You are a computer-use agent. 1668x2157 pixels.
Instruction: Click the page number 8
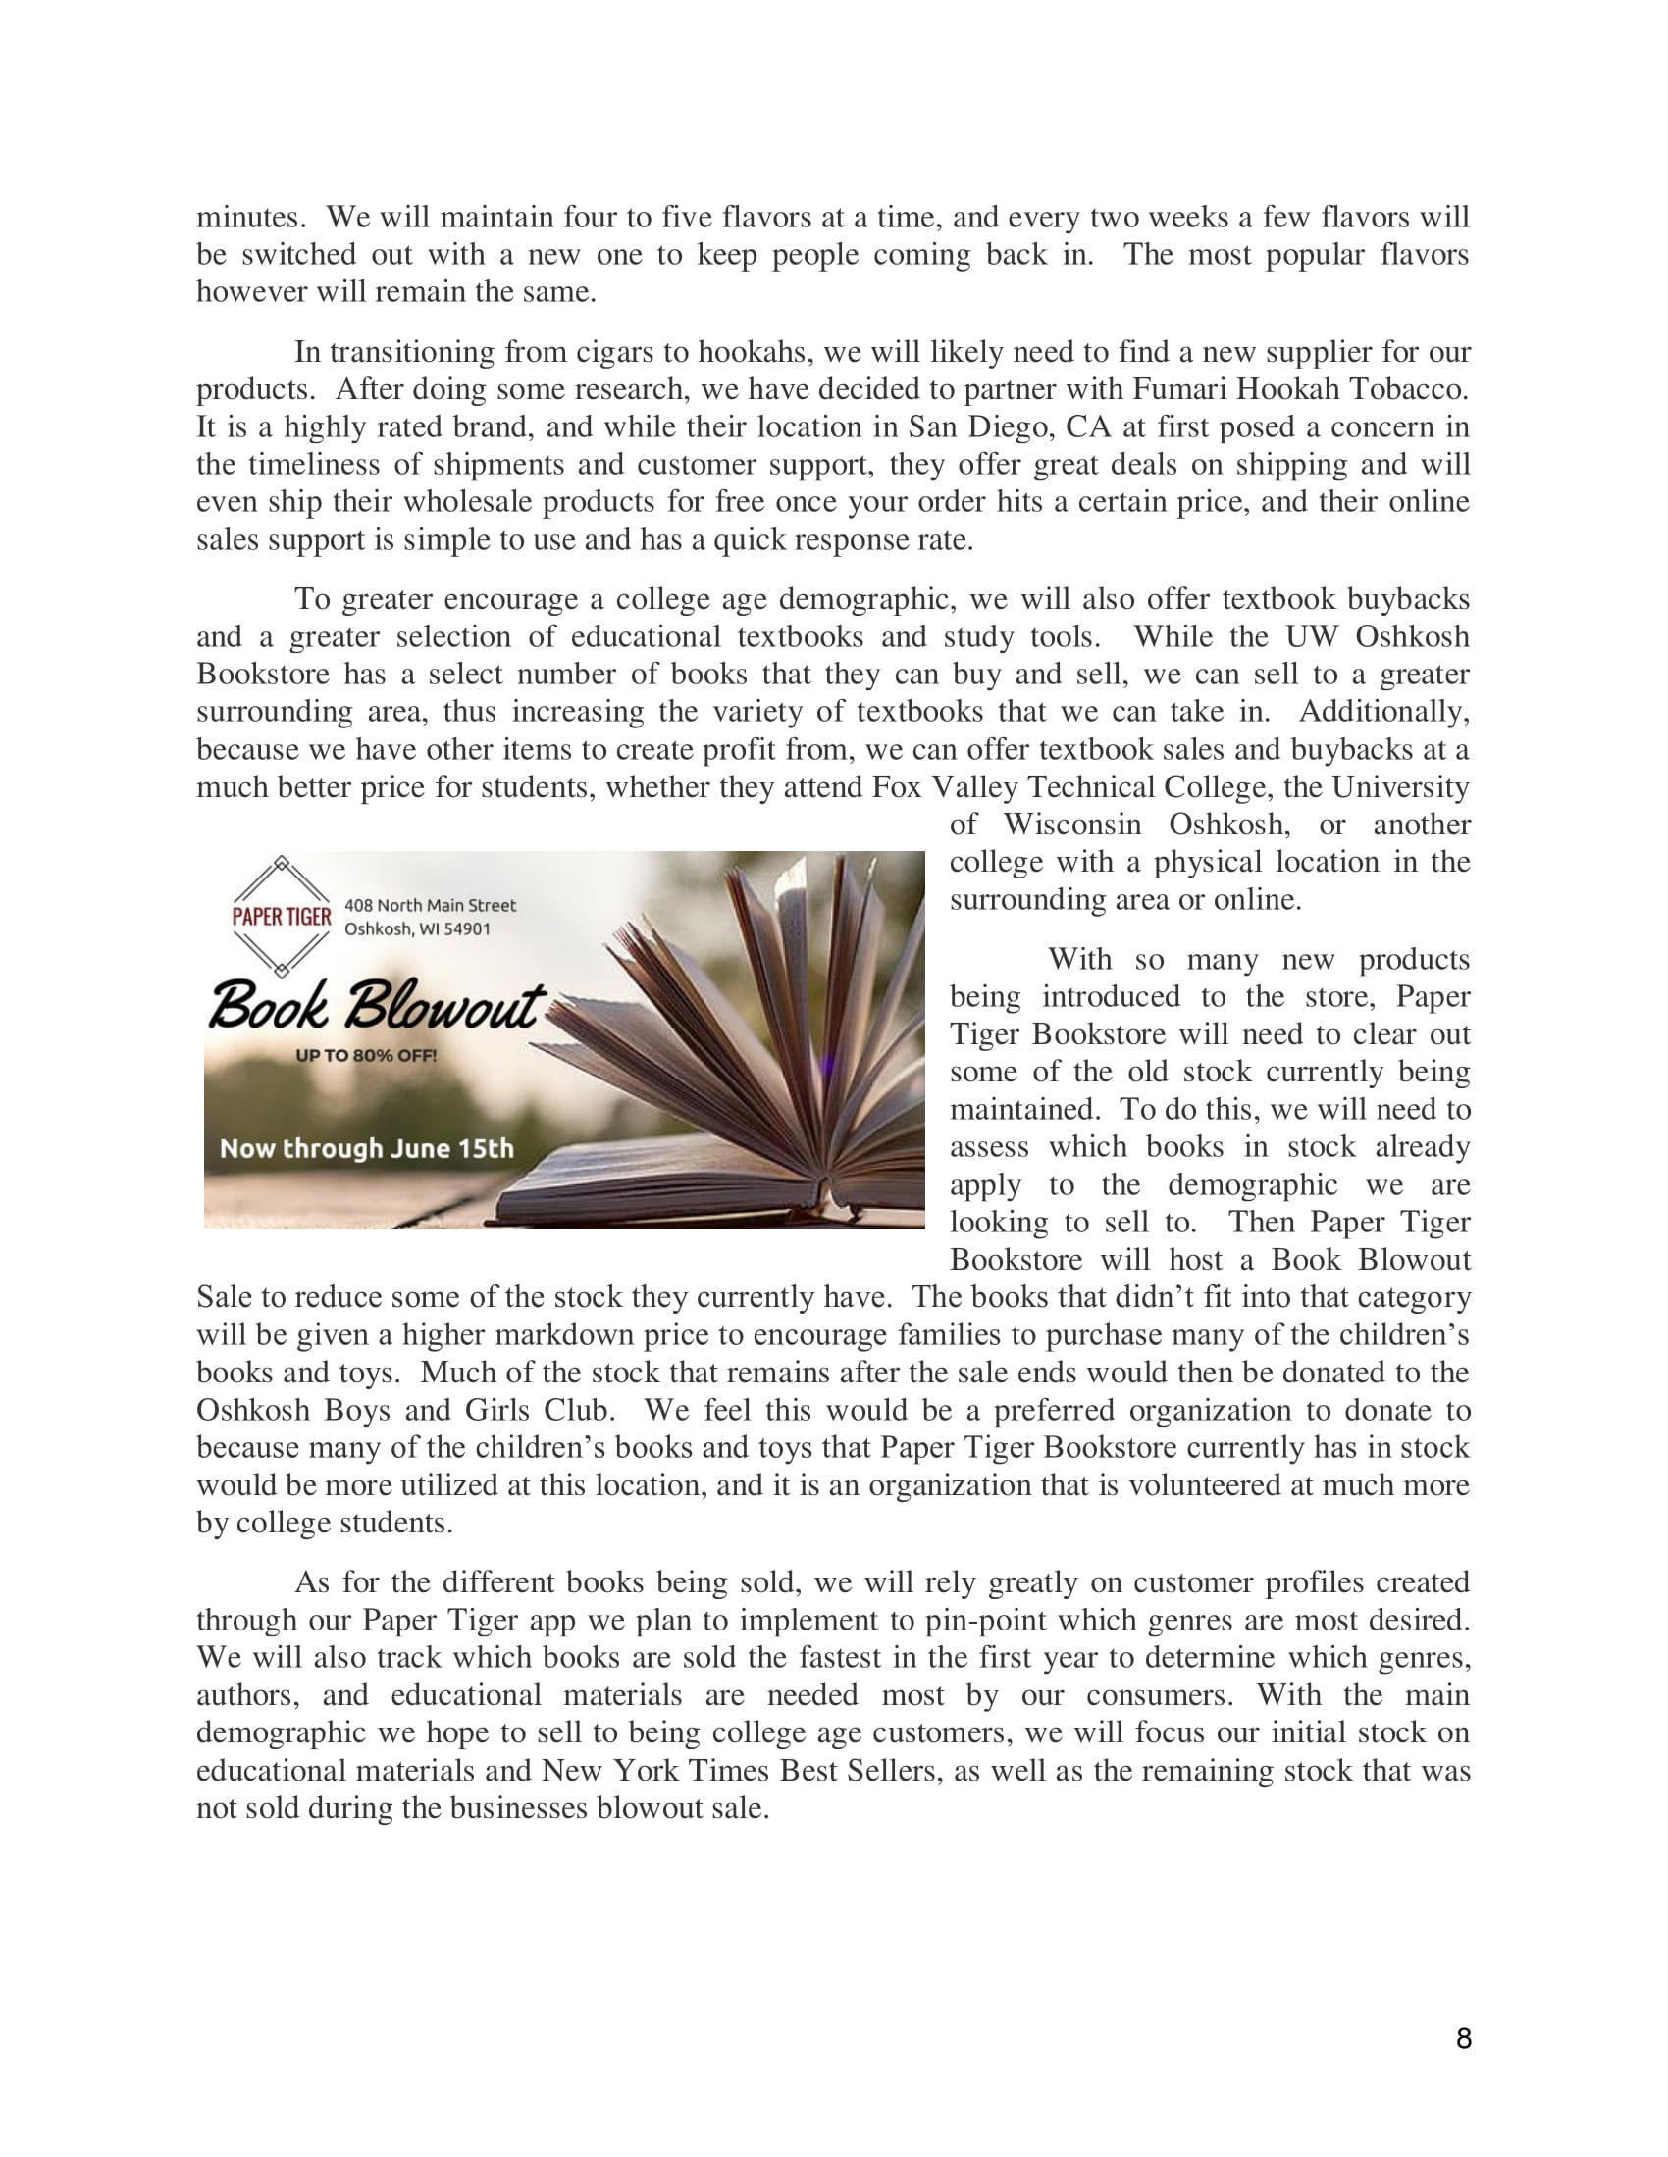click(x=1464, y=2037)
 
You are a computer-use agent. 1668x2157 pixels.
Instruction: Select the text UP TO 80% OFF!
click(x=366, y=1056)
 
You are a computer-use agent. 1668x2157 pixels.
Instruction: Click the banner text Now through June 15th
click(x=367, y=1149)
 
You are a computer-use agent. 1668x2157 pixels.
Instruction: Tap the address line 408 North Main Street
click(x=430, y=905)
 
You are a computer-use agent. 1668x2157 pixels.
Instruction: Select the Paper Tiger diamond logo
click(x=282, y=916)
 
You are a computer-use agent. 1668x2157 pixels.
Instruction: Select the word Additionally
click(x=1383, y=711)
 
